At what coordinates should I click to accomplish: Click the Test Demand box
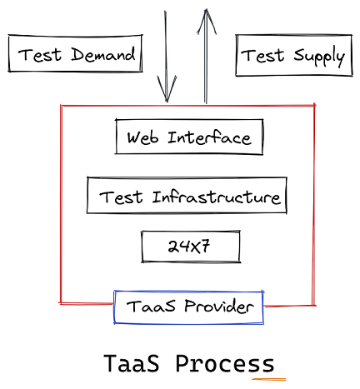pos(75,53)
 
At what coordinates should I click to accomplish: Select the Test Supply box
pos(294,55)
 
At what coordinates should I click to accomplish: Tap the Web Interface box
pos(189,137)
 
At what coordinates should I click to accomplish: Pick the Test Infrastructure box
pos(187,195)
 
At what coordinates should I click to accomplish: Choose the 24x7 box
pos(191,247)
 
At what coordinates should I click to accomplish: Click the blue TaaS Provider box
pos(188,307)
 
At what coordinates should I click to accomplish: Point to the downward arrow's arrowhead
pos(167,89)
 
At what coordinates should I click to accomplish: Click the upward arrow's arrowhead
pos(207,22)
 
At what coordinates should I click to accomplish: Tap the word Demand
pos(103,54)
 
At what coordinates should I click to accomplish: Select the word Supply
pos(319,57)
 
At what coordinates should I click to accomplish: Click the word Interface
pos(209,137)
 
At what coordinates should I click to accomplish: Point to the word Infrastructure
pos(216,197)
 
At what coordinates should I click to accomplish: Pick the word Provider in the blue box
pos(219,306)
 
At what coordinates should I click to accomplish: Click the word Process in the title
pos(225,363)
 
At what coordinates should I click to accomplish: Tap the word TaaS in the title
pos(132,363)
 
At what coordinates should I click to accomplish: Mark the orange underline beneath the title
pos(269,379)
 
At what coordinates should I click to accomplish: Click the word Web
pos(142,137)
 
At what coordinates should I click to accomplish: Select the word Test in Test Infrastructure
pos(121,197)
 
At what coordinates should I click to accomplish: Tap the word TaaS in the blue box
pos(151,306)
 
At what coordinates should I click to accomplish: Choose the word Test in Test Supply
pos(262,55)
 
